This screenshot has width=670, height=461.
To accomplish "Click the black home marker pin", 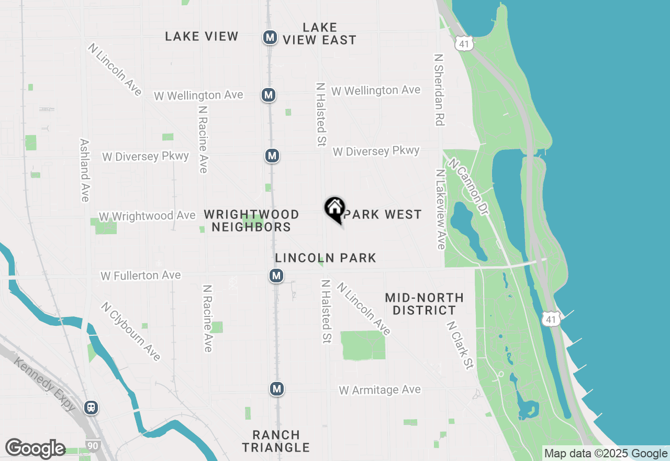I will point(334,209).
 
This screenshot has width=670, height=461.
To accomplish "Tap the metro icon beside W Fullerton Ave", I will point(276,276).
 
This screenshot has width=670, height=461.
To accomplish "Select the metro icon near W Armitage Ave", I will point(277,389).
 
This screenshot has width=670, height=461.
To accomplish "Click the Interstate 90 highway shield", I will point(92,445).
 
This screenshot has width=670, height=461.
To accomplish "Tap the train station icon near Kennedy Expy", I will point(91,407).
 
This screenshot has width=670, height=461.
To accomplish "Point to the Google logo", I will point(35,449).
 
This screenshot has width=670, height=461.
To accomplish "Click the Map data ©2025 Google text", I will point(606,454).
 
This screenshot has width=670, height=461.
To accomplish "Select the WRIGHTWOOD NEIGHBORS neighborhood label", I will point(251,221).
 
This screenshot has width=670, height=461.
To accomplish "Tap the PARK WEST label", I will point(383,214).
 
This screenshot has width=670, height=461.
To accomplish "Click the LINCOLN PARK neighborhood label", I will point(326,258).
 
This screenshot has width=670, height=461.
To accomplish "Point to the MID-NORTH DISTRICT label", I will point(424,304).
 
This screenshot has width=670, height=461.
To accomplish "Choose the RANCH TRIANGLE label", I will point(276,441).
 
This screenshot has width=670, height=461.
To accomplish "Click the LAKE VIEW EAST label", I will point(320,34).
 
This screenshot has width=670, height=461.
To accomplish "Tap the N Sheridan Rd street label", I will point(439,89).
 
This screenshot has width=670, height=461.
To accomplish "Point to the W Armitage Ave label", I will point(379,390).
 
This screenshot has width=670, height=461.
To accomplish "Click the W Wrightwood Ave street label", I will point(147,216).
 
